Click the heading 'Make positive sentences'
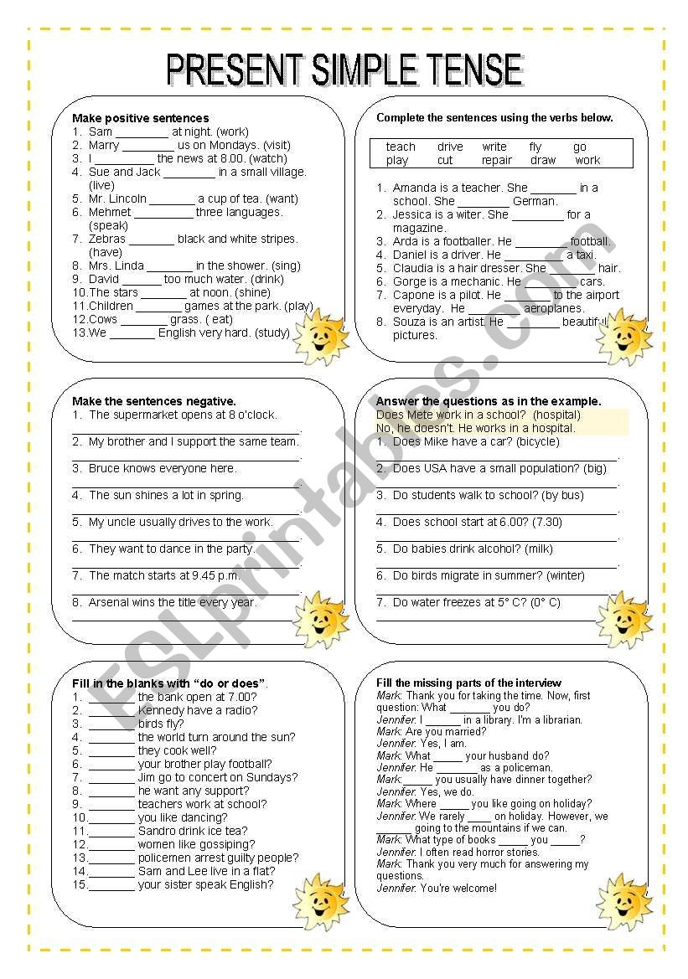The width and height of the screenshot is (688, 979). coord(141,118)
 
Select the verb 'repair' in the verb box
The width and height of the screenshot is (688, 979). coord(497,160)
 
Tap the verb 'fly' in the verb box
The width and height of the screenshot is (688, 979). coord(535,147)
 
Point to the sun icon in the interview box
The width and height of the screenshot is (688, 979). coord(623,900)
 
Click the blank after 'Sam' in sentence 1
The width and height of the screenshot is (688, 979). coord(142,132)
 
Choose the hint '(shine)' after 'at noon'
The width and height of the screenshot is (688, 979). coord(252,292)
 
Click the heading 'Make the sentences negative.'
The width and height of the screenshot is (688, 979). coord(154,401)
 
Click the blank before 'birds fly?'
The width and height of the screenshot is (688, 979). coord(111,724)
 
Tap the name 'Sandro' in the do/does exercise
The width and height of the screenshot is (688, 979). coord(157,831)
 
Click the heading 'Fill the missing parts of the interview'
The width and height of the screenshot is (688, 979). coord(468,683)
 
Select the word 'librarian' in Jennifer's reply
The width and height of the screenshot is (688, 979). coord(558,719)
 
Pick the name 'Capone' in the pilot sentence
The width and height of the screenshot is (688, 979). coord(412,295)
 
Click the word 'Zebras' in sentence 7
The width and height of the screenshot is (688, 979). coord(107,239)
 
